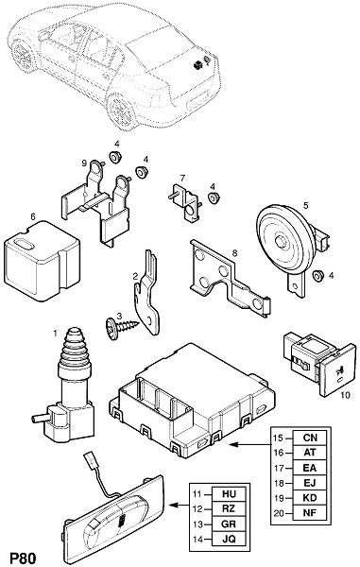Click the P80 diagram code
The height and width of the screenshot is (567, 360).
(x=23, y=558)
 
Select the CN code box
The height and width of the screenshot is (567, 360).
(x=310, y=438)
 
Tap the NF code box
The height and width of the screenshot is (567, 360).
(x=310, y=513)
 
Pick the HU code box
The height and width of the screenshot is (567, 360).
(x=229, y=494)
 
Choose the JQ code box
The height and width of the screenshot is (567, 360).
(x=229, y=539)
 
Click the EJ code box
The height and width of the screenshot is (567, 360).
(x=310, y=483)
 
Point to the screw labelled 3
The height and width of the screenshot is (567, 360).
(x=122, y=328)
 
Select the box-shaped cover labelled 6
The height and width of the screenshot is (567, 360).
(x=42, y=261)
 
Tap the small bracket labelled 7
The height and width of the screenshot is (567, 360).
(x=184, y=204)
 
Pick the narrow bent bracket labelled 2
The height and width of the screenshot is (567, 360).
(x=147, y=292)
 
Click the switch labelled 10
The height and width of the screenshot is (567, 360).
(x=320, y=365)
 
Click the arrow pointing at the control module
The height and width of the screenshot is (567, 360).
(x=249, y=444)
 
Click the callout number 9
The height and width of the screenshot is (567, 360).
(x=84, y=163)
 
